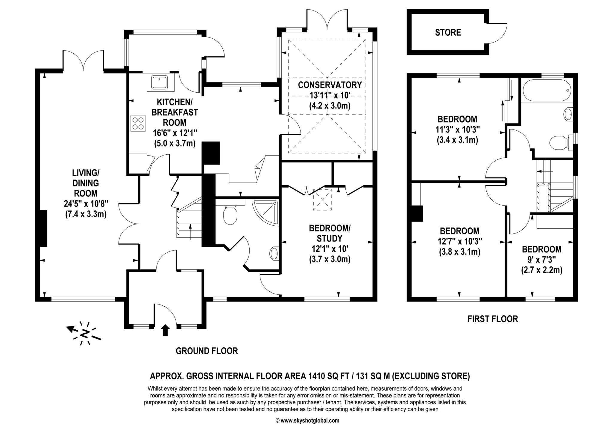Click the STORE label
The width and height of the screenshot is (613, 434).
click(448, 32)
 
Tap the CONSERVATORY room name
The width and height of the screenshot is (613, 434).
click(330, 85)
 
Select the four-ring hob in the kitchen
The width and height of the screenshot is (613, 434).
click(138, 123)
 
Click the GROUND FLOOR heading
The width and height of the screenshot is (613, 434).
click(207, 351)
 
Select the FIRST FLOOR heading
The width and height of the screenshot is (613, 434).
click(493, 319)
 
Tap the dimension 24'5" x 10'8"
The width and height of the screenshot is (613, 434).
click(86, 204)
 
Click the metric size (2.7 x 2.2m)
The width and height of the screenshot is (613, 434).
click(541, 270)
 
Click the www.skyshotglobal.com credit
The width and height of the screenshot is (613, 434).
click(307, 421)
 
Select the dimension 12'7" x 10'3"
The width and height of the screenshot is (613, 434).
click(460, 241)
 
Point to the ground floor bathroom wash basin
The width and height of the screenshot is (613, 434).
click(274, 254)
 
